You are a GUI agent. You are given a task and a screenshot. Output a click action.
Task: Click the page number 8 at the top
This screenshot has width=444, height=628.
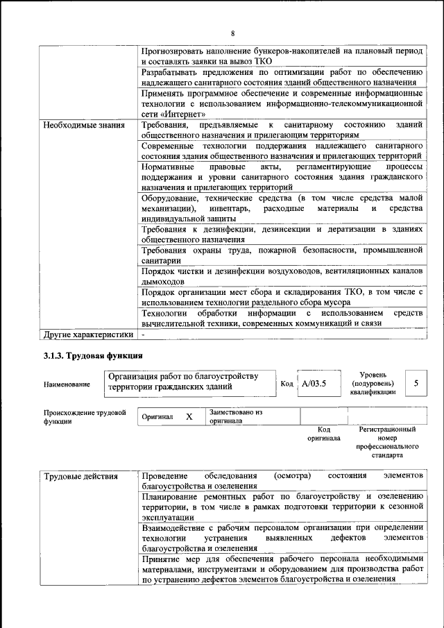tap(233, 33)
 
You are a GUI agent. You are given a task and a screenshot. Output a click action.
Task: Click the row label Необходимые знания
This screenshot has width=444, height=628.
tap(84, 126)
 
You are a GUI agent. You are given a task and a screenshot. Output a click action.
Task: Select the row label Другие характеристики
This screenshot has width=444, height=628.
tap(87, 334)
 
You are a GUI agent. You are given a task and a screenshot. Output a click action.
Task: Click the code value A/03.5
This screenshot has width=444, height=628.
tap(314, 383)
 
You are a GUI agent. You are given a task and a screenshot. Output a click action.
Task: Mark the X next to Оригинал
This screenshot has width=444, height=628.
tap(189, 416)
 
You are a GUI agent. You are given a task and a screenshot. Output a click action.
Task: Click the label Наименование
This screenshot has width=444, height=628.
tap(67, 384)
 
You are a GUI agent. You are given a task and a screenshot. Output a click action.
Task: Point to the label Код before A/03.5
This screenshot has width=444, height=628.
tap(287, 384)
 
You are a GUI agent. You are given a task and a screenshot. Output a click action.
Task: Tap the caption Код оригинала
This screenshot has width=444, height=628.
tap(323, 434)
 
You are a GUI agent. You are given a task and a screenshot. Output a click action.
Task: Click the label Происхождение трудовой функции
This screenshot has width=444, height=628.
tap(85, 416)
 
